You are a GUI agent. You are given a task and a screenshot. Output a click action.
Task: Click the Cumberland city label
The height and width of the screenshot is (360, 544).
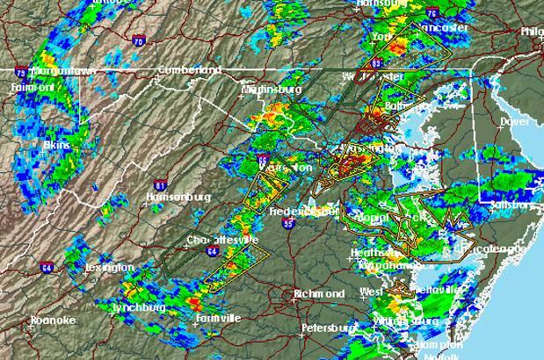pos(189,69)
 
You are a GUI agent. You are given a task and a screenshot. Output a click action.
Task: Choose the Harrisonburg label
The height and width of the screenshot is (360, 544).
pos(178,198)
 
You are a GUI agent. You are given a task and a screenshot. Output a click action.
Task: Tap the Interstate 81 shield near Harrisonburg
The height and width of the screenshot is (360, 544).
pos(159,185)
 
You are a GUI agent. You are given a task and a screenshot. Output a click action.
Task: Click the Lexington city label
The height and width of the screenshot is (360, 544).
pos(110,267)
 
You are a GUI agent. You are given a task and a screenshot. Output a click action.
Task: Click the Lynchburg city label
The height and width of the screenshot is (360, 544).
pos(140,308)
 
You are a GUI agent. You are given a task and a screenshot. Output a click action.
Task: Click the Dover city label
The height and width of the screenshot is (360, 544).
pos(514,121)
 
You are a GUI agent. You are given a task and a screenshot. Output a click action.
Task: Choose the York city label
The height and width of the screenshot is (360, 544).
pos(381,37)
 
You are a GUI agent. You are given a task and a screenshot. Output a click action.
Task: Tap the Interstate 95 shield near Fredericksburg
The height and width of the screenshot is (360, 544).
pos(288,224)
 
